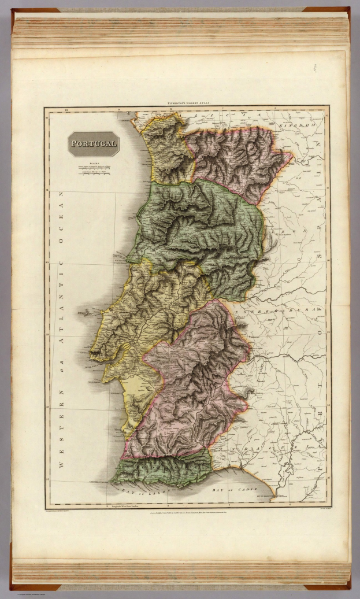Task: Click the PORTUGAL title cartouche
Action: (93, 144)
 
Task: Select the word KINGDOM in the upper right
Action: (296, 125)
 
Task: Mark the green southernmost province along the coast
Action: (162, 468)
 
